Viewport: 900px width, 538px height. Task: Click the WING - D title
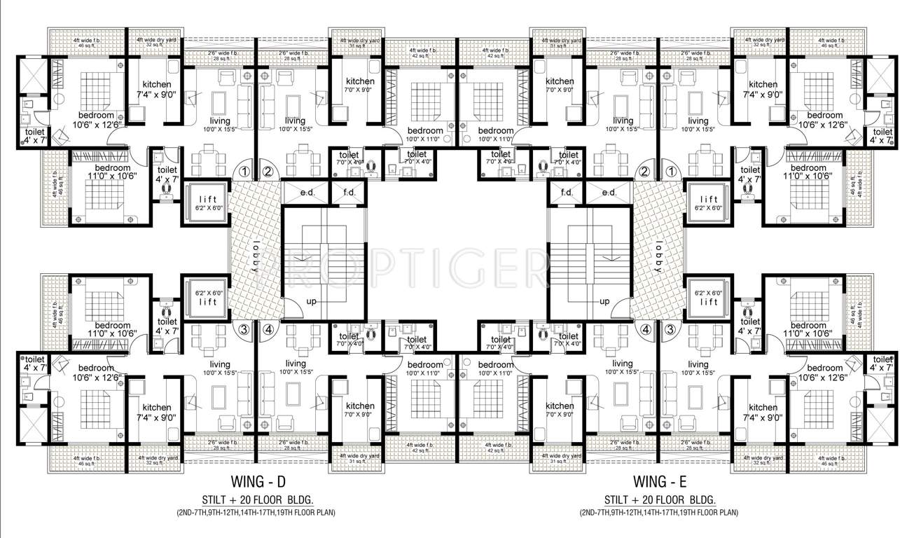click(258, 482)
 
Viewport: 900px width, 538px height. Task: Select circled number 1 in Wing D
click(244, 170)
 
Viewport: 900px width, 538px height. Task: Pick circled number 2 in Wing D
click(267, 170)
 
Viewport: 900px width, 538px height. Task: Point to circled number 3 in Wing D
click(244, 329)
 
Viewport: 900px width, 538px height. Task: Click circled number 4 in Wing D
click(267, 329)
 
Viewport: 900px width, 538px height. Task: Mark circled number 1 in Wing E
click(671, 170)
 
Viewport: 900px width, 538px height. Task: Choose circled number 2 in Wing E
click(644, 170)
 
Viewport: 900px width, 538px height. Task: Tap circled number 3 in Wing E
click(671, 329)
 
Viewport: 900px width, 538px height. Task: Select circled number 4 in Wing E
click(644, 329)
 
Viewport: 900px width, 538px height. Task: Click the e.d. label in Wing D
click(306, 193)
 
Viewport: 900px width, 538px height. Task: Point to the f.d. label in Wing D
click(349, 193)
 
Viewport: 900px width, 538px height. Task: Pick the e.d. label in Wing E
click(608, 193)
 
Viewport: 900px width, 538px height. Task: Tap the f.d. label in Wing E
click(567, 193)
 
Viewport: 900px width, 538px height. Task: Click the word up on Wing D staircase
click(312, 302)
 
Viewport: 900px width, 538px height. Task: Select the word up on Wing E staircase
click(604, 302)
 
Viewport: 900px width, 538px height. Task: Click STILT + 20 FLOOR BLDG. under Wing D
click(258, 499)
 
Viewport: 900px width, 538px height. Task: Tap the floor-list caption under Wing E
click(658, 513)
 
